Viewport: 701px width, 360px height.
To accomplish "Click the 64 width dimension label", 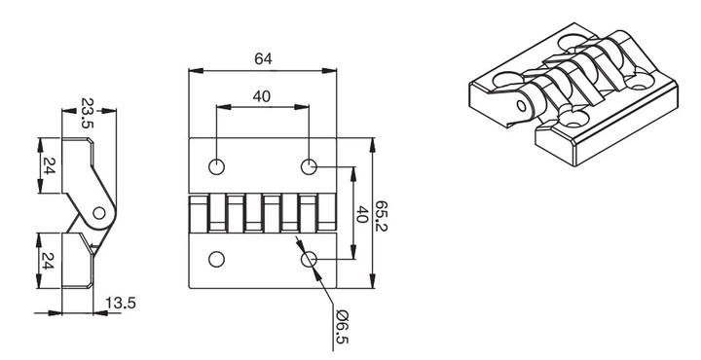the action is (263, 58).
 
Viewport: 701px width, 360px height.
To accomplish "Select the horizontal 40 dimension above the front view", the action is (262, 96).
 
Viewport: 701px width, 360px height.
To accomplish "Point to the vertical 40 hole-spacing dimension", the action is (361, 214).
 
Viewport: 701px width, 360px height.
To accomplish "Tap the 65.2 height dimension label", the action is (381, 216).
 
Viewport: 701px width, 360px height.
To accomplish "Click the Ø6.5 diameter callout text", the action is (341, 327).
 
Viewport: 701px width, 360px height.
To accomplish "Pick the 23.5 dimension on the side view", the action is (88, 113).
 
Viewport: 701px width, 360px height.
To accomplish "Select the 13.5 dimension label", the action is (121, 304).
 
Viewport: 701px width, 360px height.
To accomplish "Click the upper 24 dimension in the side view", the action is (49, 165).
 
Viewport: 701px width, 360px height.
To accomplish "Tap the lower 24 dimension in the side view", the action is (49, 261).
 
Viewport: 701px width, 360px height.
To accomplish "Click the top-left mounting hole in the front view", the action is (216, 167).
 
